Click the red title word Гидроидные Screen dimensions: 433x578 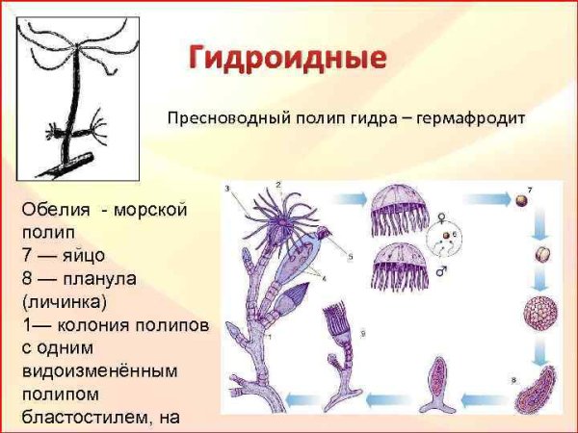286,57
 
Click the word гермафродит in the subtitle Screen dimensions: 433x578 468,119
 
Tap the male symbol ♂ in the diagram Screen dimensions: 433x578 441,272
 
